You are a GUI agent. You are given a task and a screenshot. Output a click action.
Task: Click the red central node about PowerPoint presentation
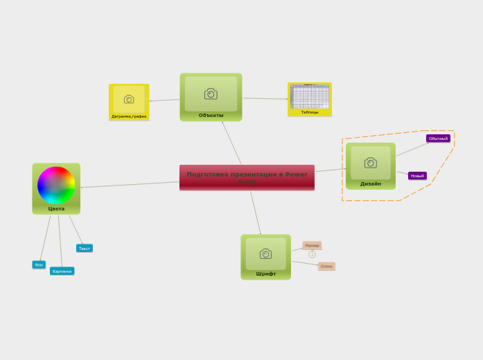point(247,177)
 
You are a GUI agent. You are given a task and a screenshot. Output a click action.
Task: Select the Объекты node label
point(211,116)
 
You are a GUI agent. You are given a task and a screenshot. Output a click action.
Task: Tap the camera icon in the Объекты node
point(211,94)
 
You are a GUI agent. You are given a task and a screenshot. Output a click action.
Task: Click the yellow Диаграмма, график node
point(129,102)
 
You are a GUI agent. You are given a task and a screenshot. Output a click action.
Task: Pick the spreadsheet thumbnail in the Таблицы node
point(310,97)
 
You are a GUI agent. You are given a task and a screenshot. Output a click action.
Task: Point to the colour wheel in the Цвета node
point(56,185)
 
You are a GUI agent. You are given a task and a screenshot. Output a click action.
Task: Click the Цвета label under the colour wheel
point(56,208)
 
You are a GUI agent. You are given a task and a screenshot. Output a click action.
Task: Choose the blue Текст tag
point(85,248)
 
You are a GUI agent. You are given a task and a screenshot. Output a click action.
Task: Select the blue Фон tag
point(39,264)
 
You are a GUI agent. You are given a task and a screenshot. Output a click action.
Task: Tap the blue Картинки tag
point(62,271)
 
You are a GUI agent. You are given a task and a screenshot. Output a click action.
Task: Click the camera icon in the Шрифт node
point(265,254)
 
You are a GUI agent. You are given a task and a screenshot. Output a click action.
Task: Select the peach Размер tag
point(312,245)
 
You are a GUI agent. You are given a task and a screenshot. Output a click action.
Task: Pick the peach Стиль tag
point(326,266)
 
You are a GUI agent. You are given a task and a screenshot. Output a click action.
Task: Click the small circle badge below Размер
point(312,254)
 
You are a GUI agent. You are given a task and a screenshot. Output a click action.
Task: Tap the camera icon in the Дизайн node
point(370,163)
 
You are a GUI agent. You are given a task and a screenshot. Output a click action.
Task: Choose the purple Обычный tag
point(438,138)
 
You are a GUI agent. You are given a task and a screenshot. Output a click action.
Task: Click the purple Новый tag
point(417,176)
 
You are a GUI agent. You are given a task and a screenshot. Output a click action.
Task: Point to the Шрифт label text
point(265,273)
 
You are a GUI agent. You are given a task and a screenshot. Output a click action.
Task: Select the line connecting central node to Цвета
point(130,185)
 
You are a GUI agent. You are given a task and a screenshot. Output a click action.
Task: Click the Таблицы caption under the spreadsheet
point(310,112)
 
